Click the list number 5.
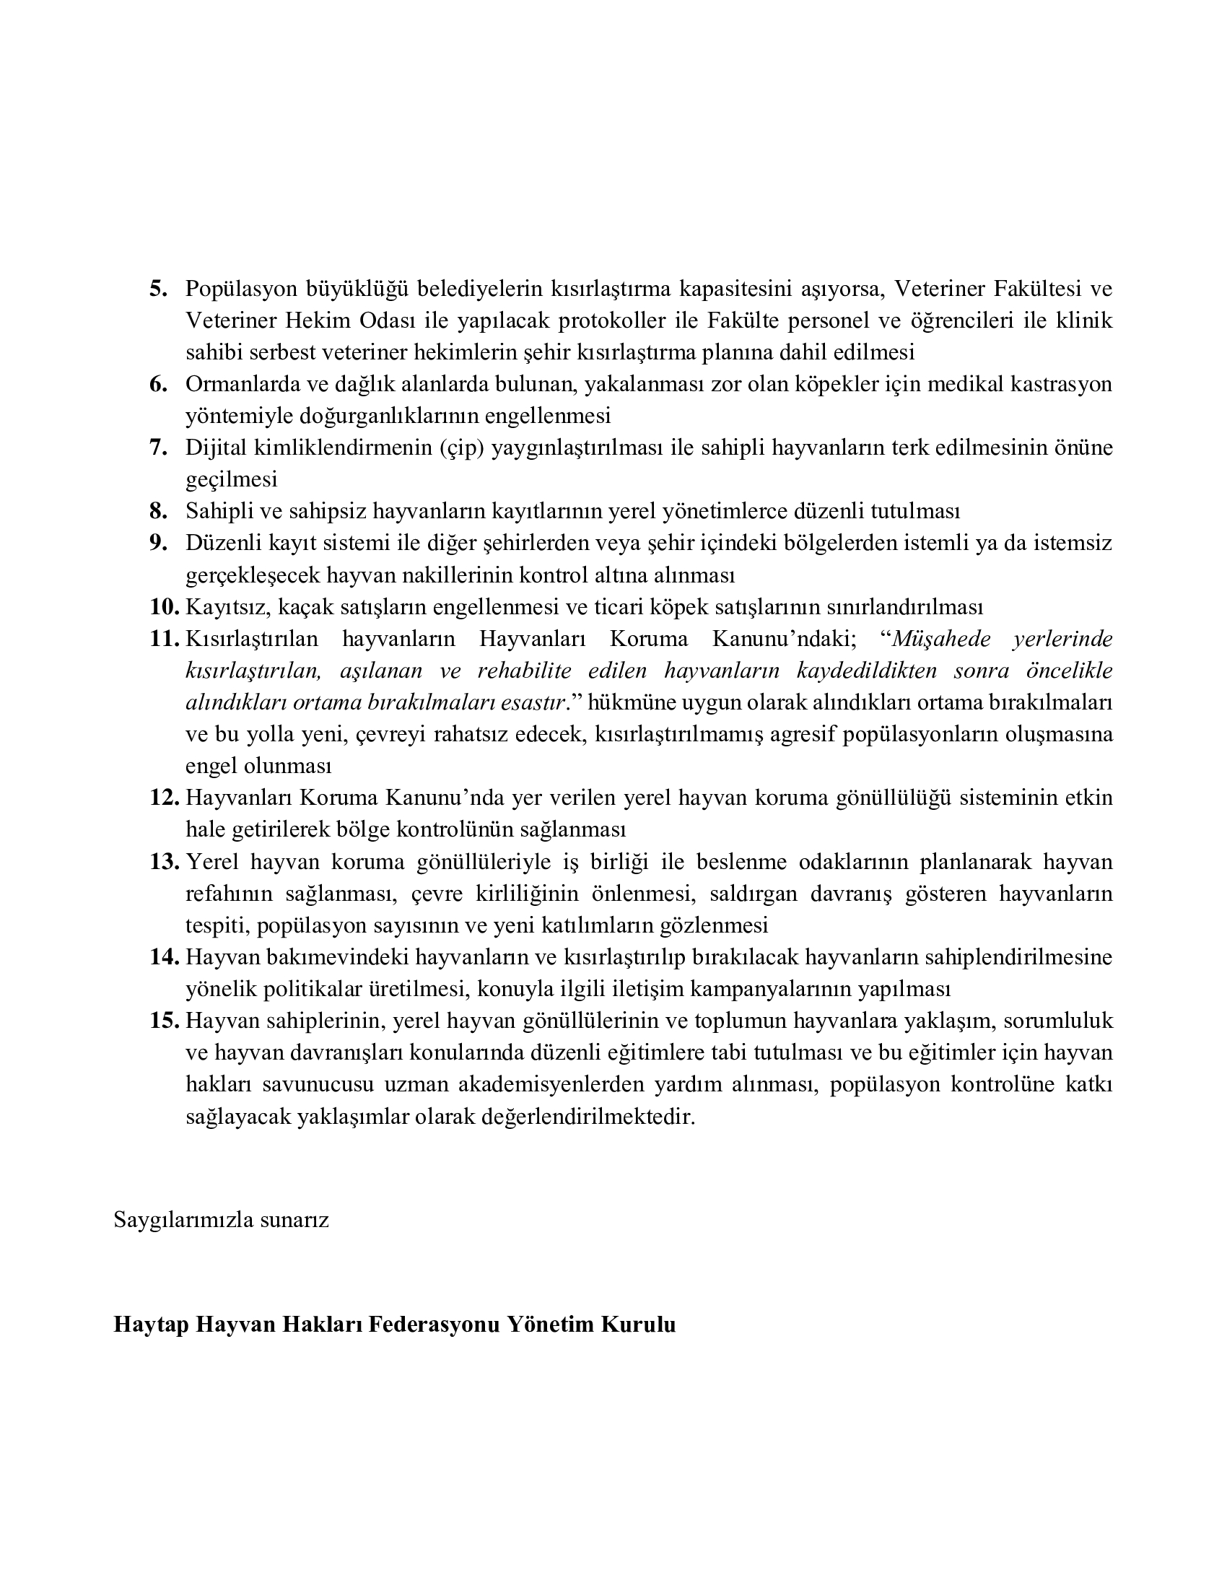159,289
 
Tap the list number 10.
165,606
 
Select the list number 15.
165,1021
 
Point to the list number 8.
159,511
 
